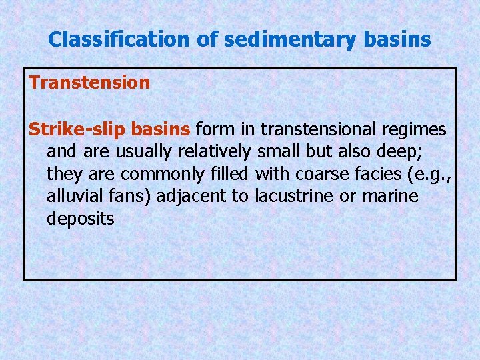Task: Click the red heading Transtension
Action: click(x=89, y=83)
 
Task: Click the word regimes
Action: click(x=419, y=127)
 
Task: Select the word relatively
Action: click(x=215, y=150)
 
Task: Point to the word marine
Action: click(x=393, y=196)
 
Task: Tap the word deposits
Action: click(x=80, y=219)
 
